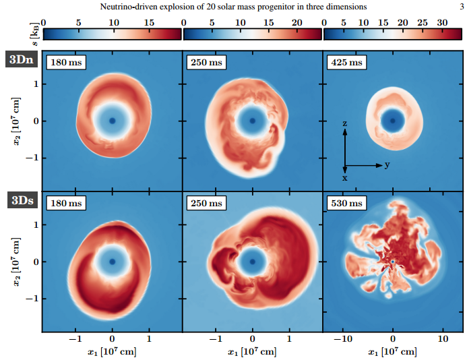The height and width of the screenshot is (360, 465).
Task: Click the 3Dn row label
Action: (22, 60)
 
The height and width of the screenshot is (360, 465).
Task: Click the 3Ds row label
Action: (22, 200)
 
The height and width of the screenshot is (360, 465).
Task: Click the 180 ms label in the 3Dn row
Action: (65, 63)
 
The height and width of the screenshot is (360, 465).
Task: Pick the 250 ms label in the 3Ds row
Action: (206, 203)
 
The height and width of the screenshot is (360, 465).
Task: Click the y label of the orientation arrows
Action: (387, 164)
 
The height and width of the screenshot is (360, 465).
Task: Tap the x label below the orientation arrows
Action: (344, 178)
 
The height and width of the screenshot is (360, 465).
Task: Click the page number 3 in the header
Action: (460, 7)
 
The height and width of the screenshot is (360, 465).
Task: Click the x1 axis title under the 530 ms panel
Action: (393, 352)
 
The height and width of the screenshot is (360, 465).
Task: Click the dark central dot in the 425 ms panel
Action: (393, 121)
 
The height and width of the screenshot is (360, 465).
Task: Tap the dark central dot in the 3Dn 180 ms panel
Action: (113, 121)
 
